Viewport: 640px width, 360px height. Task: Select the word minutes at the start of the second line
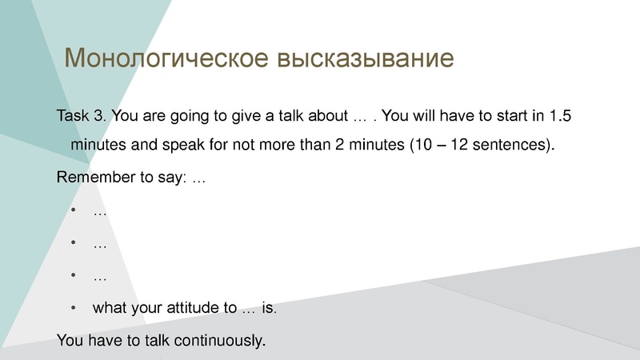coord(96,146)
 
